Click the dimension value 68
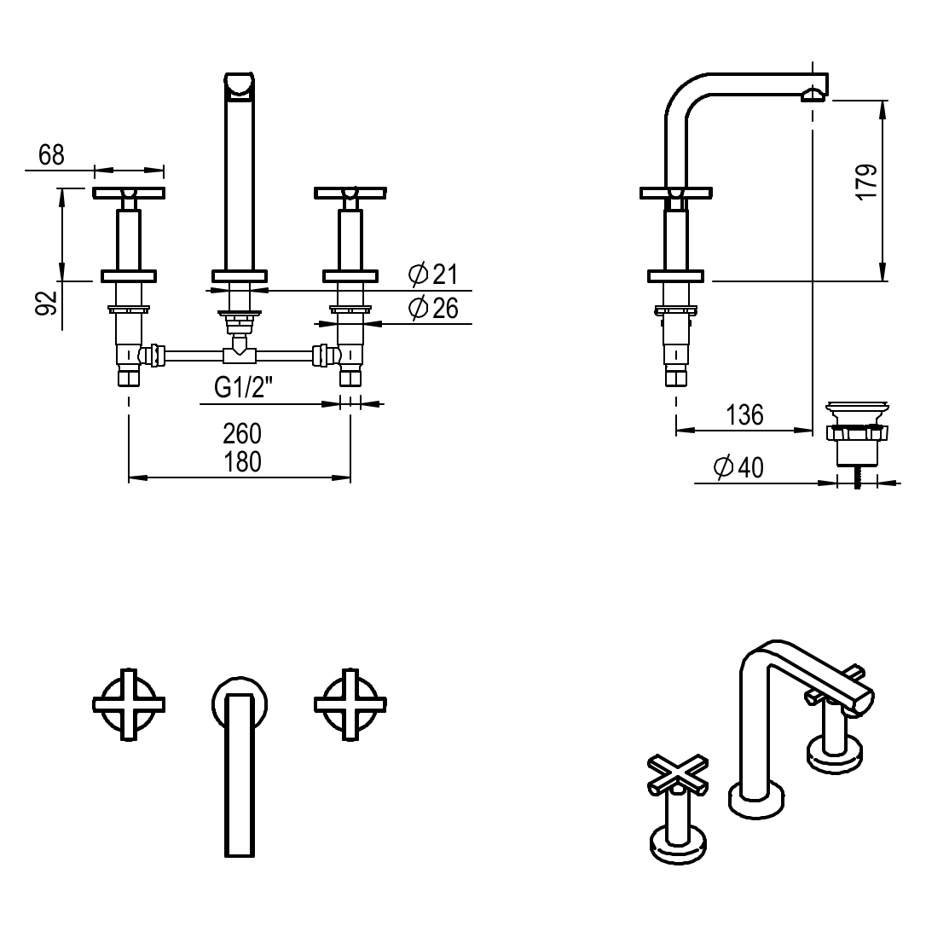(x=51, y=154)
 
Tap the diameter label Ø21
(x=433, y=275)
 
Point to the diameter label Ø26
(x=433, y=308)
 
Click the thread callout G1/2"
(x=243, y=388)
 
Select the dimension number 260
(x=242, y=433)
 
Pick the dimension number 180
(x=242, y=461)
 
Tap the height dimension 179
(x=865, y=182)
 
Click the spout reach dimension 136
(x=744, y=415)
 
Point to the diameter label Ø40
(x=738, y=467)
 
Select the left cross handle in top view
(x=128, y=704)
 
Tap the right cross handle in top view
(x=350, y=704)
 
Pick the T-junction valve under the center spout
(x=240, y=350)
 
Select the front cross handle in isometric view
(x=678, y=773)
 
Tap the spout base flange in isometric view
(x=755, y=802)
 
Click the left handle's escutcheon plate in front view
(x=129, y=275)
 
